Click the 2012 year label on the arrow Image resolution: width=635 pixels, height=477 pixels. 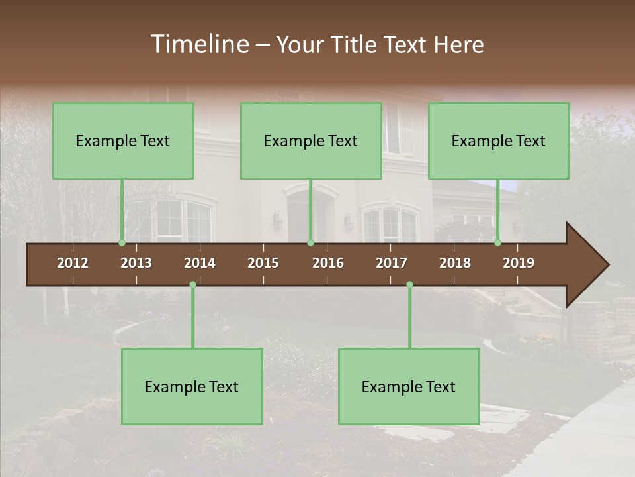click(x=73, y=263)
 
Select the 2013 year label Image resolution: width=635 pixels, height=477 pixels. click(x=136, y=263)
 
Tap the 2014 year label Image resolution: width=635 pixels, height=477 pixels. click(x=200, y=263)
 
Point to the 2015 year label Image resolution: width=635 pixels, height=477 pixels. click(x=263, y=263)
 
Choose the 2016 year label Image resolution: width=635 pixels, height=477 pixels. click(x=328, y=263)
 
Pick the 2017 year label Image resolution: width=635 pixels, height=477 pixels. click(x=392, y=263)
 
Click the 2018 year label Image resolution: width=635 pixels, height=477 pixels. click(x=455, y=263)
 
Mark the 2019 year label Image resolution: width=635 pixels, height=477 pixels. click(x=519, y=263)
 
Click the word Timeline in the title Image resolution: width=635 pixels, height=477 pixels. click(x=199, y=44)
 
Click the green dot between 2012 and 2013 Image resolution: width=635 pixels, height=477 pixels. click(x=122, y=242)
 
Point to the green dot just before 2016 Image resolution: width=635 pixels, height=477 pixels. click(x=310, y=242)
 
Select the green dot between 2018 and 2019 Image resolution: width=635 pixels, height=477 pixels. click(x=498, y=242)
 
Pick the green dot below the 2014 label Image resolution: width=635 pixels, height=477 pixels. click(x=192, y=284)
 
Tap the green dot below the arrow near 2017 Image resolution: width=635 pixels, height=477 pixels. click(x=409, y=284)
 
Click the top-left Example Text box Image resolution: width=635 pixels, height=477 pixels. click(x=123, y=140)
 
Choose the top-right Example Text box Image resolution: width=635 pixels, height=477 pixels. click(x=499, y=140)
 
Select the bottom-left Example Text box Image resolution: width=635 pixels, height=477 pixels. click(x=192, y=386)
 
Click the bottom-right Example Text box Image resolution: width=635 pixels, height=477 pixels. click(x=409, y=386)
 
